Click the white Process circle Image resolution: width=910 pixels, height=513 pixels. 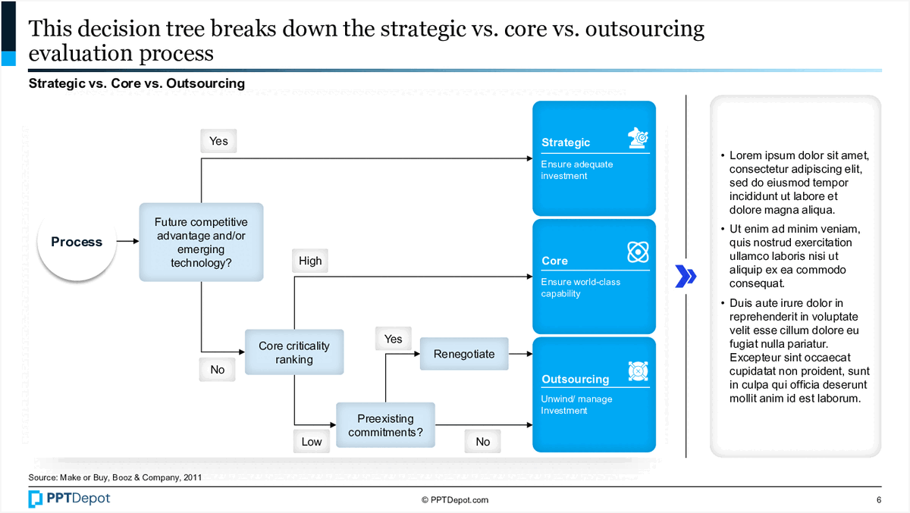coord(76,242)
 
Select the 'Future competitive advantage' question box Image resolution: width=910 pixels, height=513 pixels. coord(201,242)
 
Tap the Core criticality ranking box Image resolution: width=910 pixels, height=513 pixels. coord(293,353)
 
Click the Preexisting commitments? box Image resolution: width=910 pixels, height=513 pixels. coord(385,425)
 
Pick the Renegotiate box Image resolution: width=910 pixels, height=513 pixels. coord(463,354)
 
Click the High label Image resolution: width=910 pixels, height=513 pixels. coord(310,261)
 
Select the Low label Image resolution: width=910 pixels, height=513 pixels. coord(312,442)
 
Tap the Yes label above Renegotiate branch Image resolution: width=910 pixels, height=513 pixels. coord(393,339)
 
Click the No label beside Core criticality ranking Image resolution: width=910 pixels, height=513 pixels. coord(218,370)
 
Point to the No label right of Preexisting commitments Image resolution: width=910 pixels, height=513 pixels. coord(483,442)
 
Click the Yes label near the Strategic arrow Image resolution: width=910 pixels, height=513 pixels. coord(218,141)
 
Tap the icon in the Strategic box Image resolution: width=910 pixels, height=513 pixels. coord(638,137)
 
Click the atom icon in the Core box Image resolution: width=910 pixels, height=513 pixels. coord(638,252)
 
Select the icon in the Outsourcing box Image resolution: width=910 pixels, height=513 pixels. coord(638,371)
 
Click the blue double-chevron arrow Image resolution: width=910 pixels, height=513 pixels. coord(686,277)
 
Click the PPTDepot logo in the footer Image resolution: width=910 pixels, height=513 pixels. coord(69,499)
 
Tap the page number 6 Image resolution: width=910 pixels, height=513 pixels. coord(878,500)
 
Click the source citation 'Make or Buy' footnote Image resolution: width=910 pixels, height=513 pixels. coord(115,477)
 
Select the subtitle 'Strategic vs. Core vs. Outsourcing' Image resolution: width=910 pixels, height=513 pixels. coord(136,83)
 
